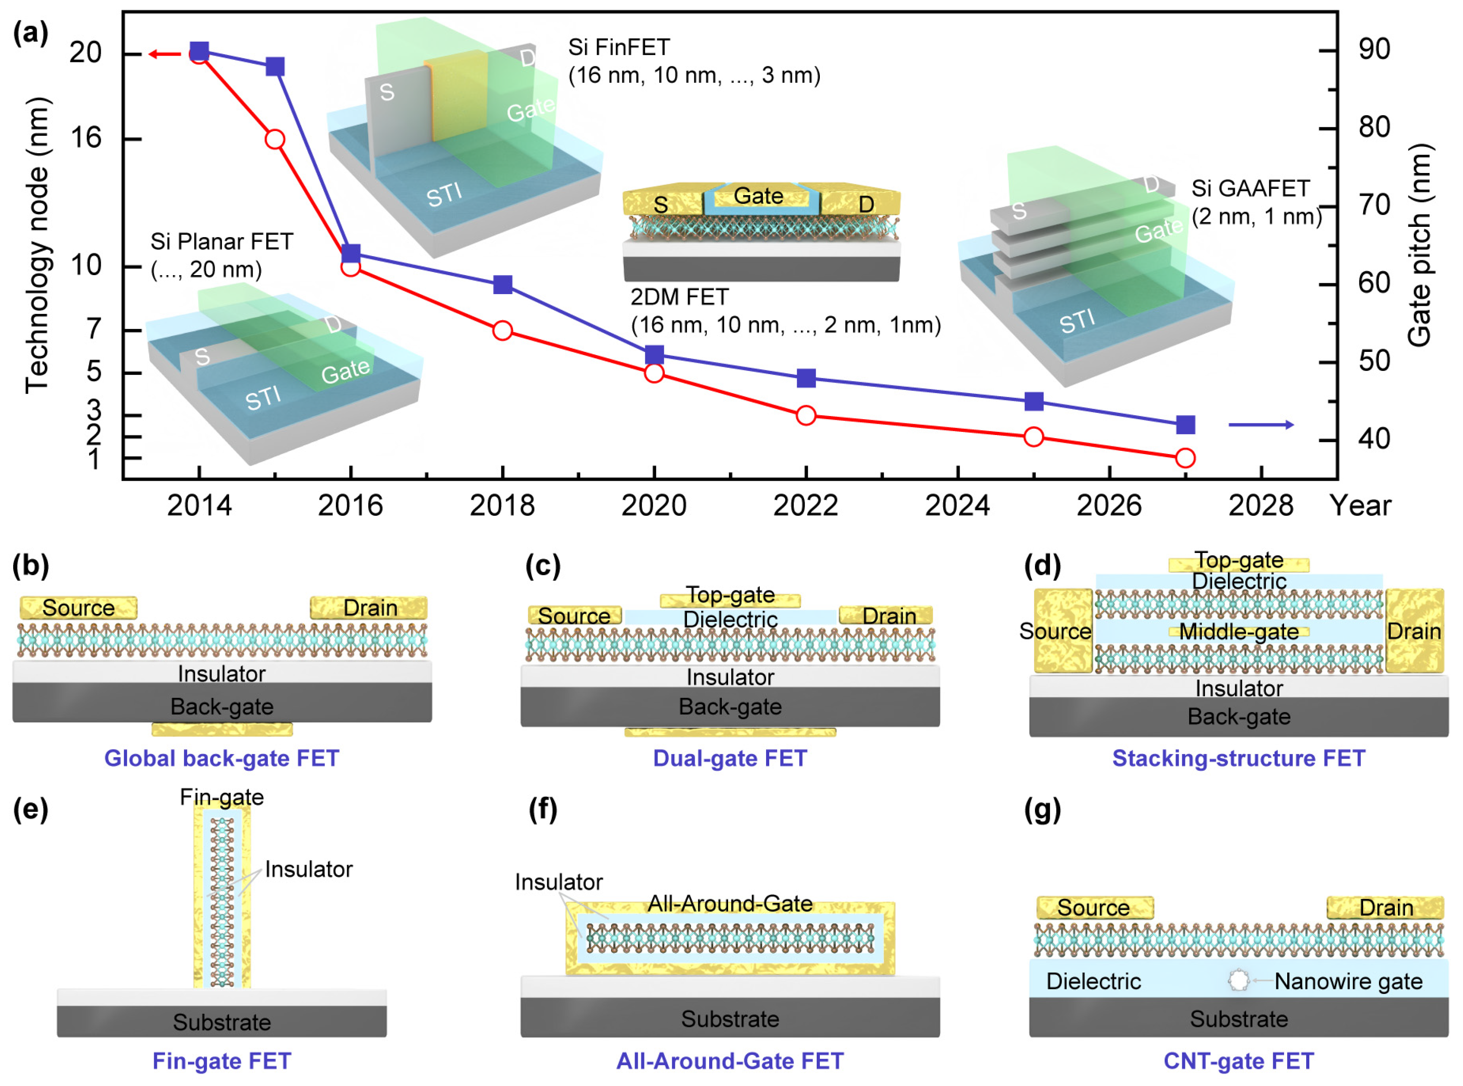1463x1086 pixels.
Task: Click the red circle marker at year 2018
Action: (x=502, y=331)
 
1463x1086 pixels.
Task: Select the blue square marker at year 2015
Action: (x=275, y=66)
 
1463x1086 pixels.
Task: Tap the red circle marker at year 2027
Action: (x=1185, y=458)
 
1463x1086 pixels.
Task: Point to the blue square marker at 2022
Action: (x=806, y=378)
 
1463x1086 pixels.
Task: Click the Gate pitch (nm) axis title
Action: (x=1420, y=244)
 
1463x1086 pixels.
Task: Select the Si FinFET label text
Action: (x=619, y=47)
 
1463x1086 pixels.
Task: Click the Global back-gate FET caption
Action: (x=221, y=758)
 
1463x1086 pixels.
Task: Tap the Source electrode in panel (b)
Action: (x=78, y=608)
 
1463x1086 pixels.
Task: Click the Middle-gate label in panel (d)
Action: (x=1239, y=632)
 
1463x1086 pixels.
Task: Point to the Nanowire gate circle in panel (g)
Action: (x=1238, y=980)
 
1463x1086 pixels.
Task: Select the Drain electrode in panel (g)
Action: (x=1385, y=908)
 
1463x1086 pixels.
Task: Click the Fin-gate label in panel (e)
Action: (x=221, y=797)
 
